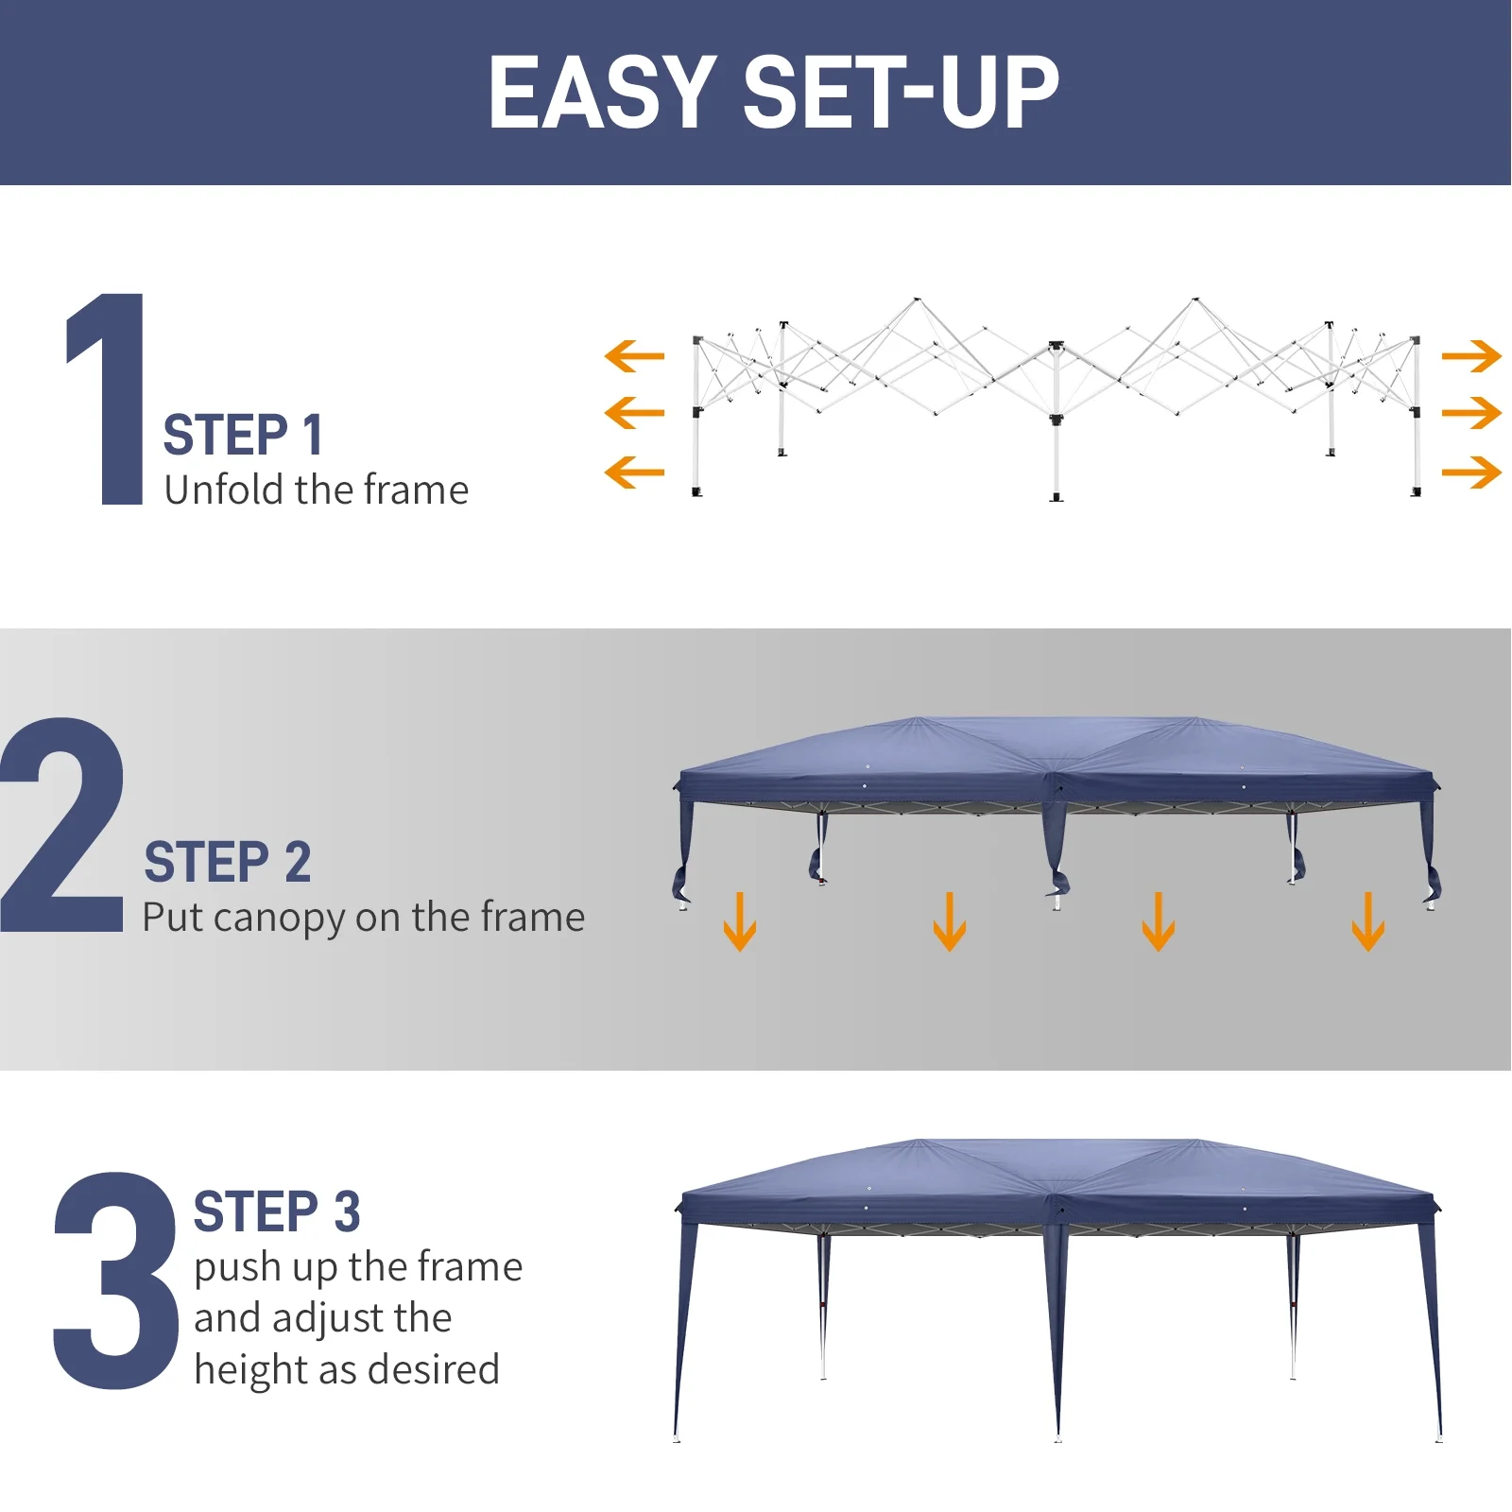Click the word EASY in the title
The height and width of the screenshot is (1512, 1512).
[x=602, y=92]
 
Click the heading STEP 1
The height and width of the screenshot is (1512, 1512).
[x=243, y=436]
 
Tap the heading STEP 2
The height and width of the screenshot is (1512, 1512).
[x=227, y=862]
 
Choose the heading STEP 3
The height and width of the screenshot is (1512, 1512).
[x=276, y=1212]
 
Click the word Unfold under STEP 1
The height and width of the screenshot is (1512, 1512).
[x=224, y=490]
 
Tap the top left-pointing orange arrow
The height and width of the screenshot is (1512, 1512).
[x=634, y=356]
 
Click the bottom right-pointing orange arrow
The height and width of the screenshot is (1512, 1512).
[x=1471, y=472]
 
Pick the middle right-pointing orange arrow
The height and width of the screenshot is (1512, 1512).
[x=1471, y=413]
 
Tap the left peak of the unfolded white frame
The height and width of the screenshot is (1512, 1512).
[x=916, y=301]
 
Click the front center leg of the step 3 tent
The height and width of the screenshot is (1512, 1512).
[x=1057, y=1342]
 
